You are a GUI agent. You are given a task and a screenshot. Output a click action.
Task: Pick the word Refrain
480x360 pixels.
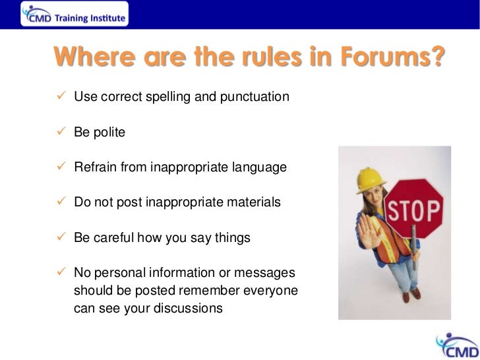95,167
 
